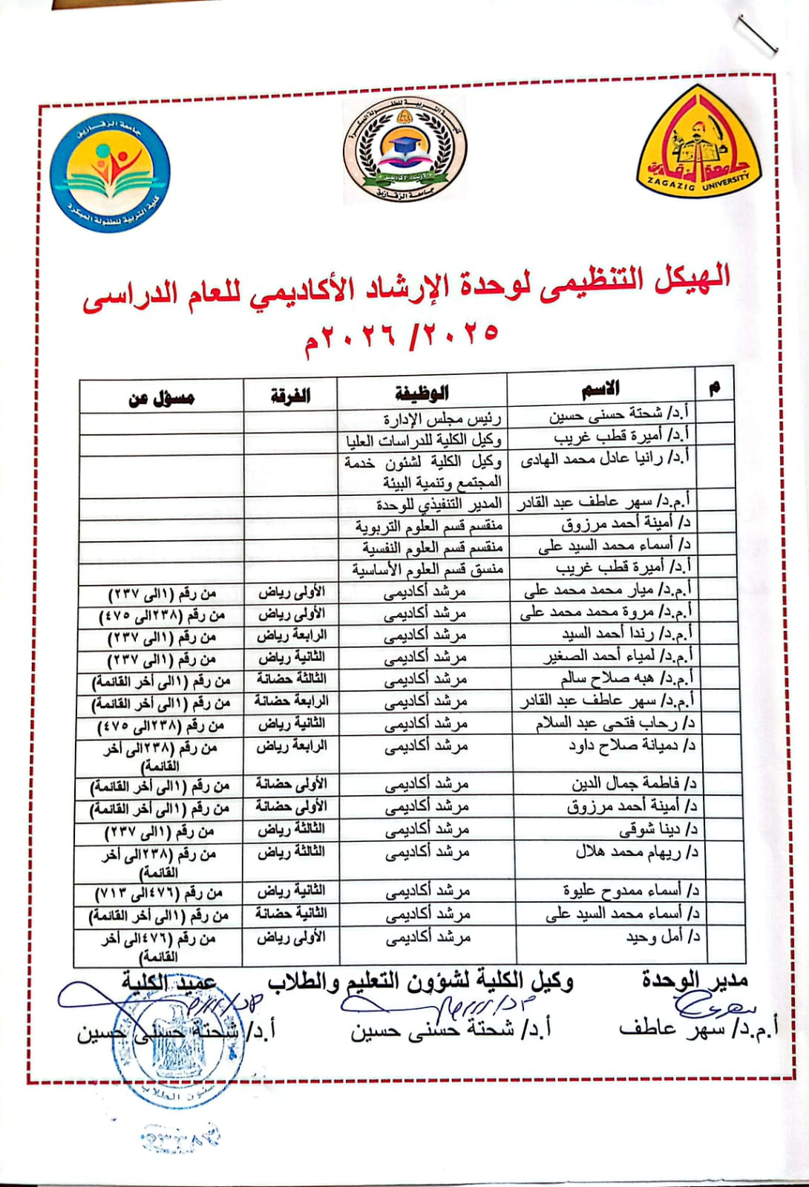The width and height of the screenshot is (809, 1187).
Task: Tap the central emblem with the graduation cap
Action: click(x=404, y=151)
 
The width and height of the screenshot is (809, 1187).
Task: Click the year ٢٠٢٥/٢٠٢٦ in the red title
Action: click(x=402, y=336)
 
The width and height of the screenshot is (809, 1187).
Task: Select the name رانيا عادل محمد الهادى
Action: click(x=604, y=460)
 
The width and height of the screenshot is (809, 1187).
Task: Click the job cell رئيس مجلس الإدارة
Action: click(x=442, y=419)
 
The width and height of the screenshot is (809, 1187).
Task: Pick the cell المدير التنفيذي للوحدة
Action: click(x=439, y=506)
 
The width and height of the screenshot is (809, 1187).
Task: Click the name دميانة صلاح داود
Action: click(x=632, y=745)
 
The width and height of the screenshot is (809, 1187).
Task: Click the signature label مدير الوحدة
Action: click(x=695, y=981)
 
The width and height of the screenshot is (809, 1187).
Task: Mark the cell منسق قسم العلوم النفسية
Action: click(x=433, y=548)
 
